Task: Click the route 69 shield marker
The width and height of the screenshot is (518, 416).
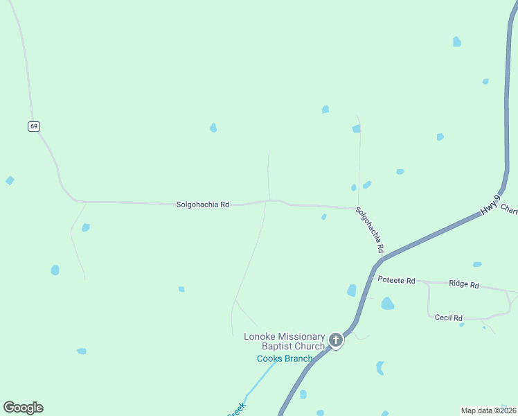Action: point(34,126)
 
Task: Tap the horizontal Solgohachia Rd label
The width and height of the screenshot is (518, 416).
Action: point(202,205)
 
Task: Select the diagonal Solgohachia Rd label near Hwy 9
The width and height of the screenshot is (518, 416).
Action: point(370,229)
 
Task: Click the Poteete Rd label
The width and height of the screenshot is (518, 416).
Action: point(396,280)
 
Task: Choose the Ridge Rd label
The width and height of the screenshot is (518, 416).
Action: point(464,284)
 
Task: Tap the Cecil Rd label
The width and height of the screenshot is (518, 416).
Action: point(448,318)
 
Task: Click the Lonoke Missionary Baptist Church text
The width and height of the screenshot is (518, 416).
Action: point(284,341)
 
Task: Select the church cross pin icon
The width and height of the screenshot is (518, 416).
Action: point(336,340)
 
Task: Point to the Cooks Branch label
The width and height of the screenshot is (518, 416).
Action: point(285,358)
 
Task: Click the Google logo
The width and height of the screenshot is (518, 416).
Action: point(23,408)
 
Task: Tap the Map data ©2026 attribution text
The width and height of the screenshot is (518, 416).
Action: point(488,410)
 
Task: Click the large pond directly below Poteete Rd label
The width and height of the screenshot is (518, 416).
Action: point(387,304)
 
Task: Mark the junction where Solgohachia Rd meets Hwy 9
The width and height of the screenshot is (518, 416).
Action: point(378,263)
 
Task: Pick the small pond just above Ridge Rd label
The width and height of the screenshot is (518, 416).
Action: point(477,264)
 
